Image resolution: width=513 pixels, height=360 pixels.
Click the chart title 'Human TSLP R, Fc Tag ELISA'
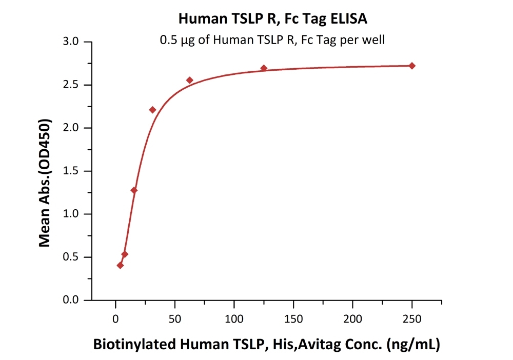[272, 19]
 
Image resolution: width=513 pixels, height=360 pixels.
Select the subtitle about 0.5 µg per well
[272, 39]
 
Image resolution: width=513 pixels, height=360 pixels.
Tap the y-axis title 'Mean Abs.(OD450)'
[46, 183]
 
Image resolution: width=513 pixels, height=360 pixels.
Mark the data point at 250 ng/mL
[412, 66]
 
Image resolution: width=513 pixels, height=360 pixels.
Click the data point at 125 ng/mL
[264, 68]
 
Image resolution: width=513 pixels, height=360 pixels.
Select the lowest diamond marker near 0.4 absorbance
[120, 265]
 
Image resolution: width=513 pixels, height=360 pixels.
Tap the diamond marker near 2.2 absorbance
[152, 110]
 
